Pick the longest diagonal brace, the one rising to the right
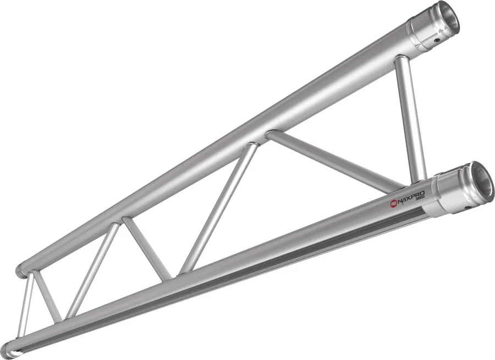tap(220, 209)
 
